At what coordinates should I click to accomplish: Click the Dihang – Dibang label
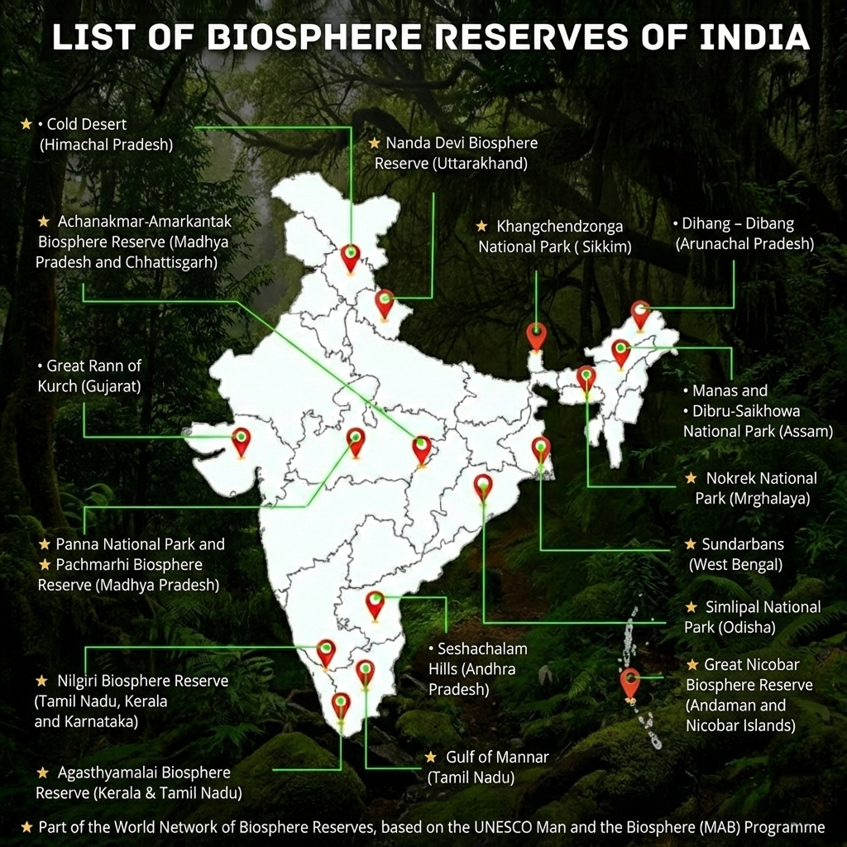coord(744,234)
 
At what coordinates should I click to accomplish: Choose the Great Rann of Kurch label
coord(89,376)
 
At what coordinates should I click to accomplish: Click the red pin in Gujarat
coord(241,442)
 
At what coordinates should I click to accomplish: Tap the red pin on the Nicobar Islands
coord(630,684)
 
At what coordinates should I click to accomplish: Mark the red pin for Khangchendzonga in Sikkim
coord(536,337)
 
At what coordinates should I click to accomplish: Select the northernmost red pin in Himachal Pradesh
coord(351,257)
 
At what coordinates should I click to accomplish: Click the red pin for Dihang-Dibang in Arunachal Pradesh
coord(640,314)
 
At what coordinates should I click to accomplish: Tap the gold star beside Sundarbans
coord(691,544)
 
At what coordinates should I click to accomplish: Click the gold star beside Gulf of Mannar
coord(430,757)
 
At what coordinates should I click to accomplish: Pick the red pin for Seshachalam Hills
coord(376,605)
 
